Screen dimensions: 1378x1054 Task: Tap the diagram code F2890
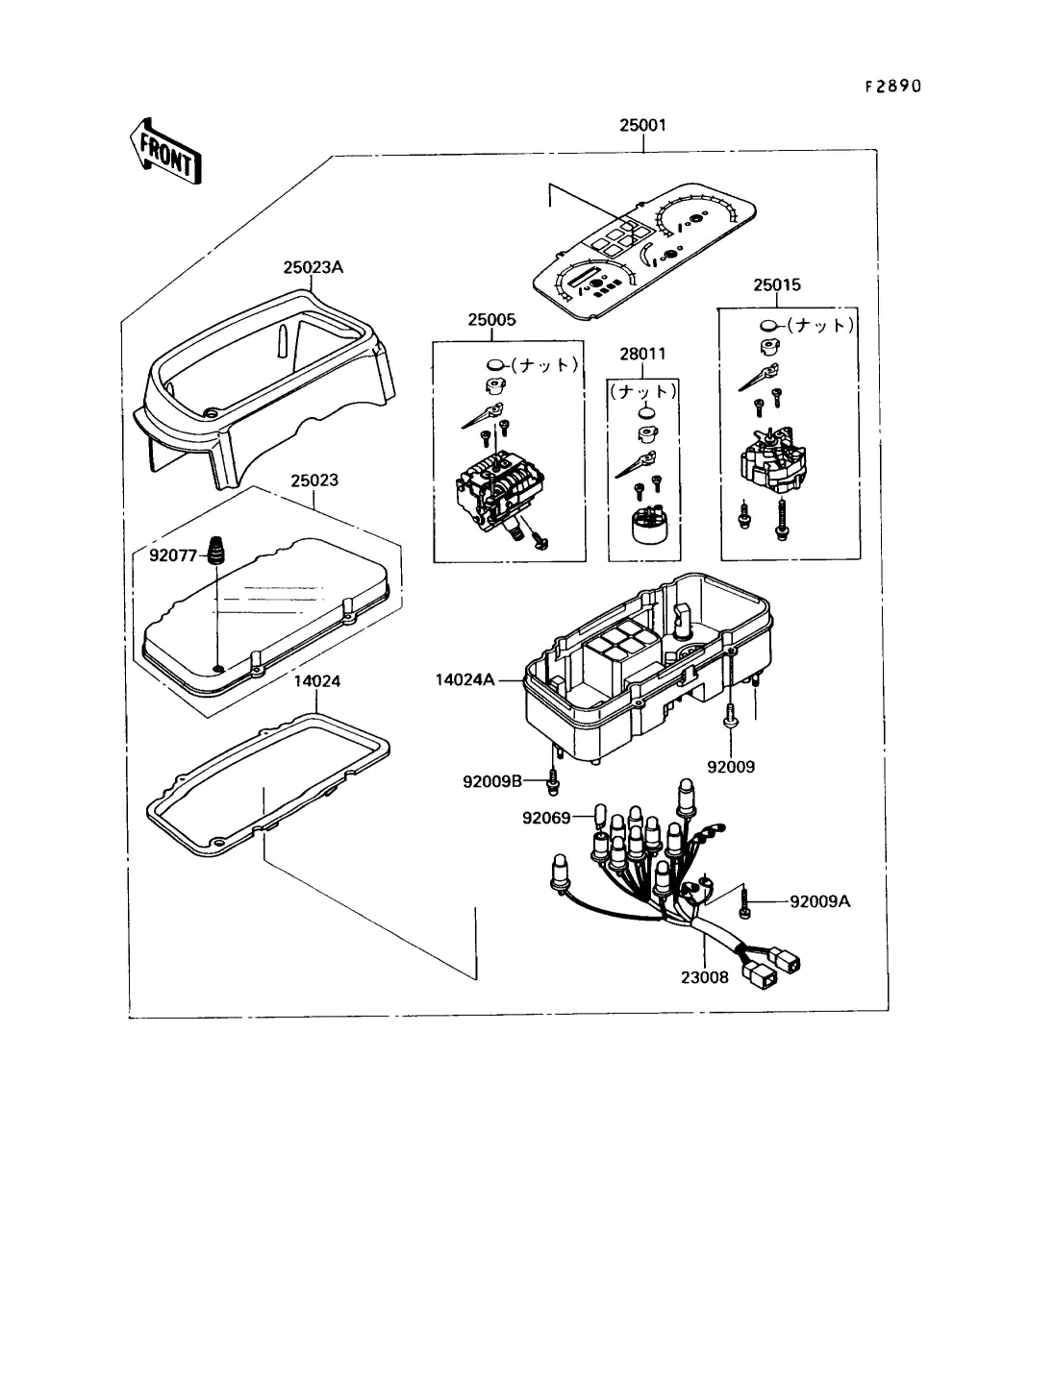pyautogui.click(x=891, y=86)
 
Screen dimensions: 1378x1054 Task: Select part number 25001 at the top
pyautogui.click(x=642, y=125)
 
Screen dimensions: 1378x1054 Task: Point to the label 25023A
pyautogui.click(x=313, y=267)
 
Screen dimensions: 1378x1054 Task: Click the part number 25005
pyautogui.click(x=491, y=320)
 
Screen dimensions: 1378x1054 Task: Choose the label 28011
pyautogui.click(x=641, y=354)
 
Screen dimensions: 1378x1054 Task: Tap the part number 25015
pyautogui.click(x=776, y=285)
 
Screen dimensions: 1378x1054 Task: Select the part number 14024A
pyautogui.click(x=464, y=680)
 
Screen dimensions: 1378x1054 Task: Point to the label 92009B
pyautogui.click(x=492, y=782)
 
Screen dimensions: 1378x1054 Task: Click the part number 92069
pyautogui.click(x=546, y=818)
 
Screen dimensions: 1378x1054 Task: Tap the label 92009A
pyautogui.click(x=819, y=901)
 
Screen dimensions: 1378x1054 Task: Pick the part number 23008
pyautogui.click(x=706, y=977)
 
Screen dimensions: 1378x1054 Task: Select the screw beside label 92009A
pyautogui.click(x=744, y=901)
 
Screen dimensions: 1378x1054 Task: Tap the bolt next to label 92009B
pyautogui.click(x=553, y=782)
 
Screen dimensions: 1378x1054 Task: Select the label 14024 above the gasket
pyautogui.click(x=316, y=680)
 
